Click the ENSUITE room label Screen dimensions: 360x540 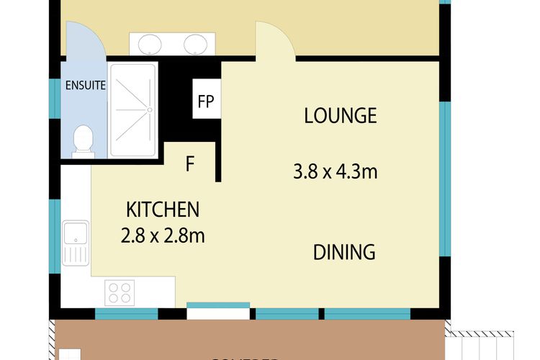pos(86,85)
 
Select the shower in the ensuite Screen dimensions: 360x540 pos(132,109)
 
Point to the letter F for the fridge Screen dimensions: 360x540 pos(190,164)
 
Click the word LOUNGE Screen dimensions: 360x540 pos(340,115)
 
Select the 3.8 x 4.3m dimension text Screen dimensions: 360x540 pos(336,172)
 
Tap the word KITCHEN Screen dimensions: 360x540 pos(162,210)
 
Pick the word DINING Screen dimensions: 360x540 pos(344,252)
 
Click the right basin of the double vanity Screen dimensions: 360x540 pos(195,45)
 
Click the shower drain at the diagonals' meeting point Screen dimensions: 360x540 pos(150,109)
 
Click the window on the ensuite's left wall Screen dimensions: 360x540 pos(53,99)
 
